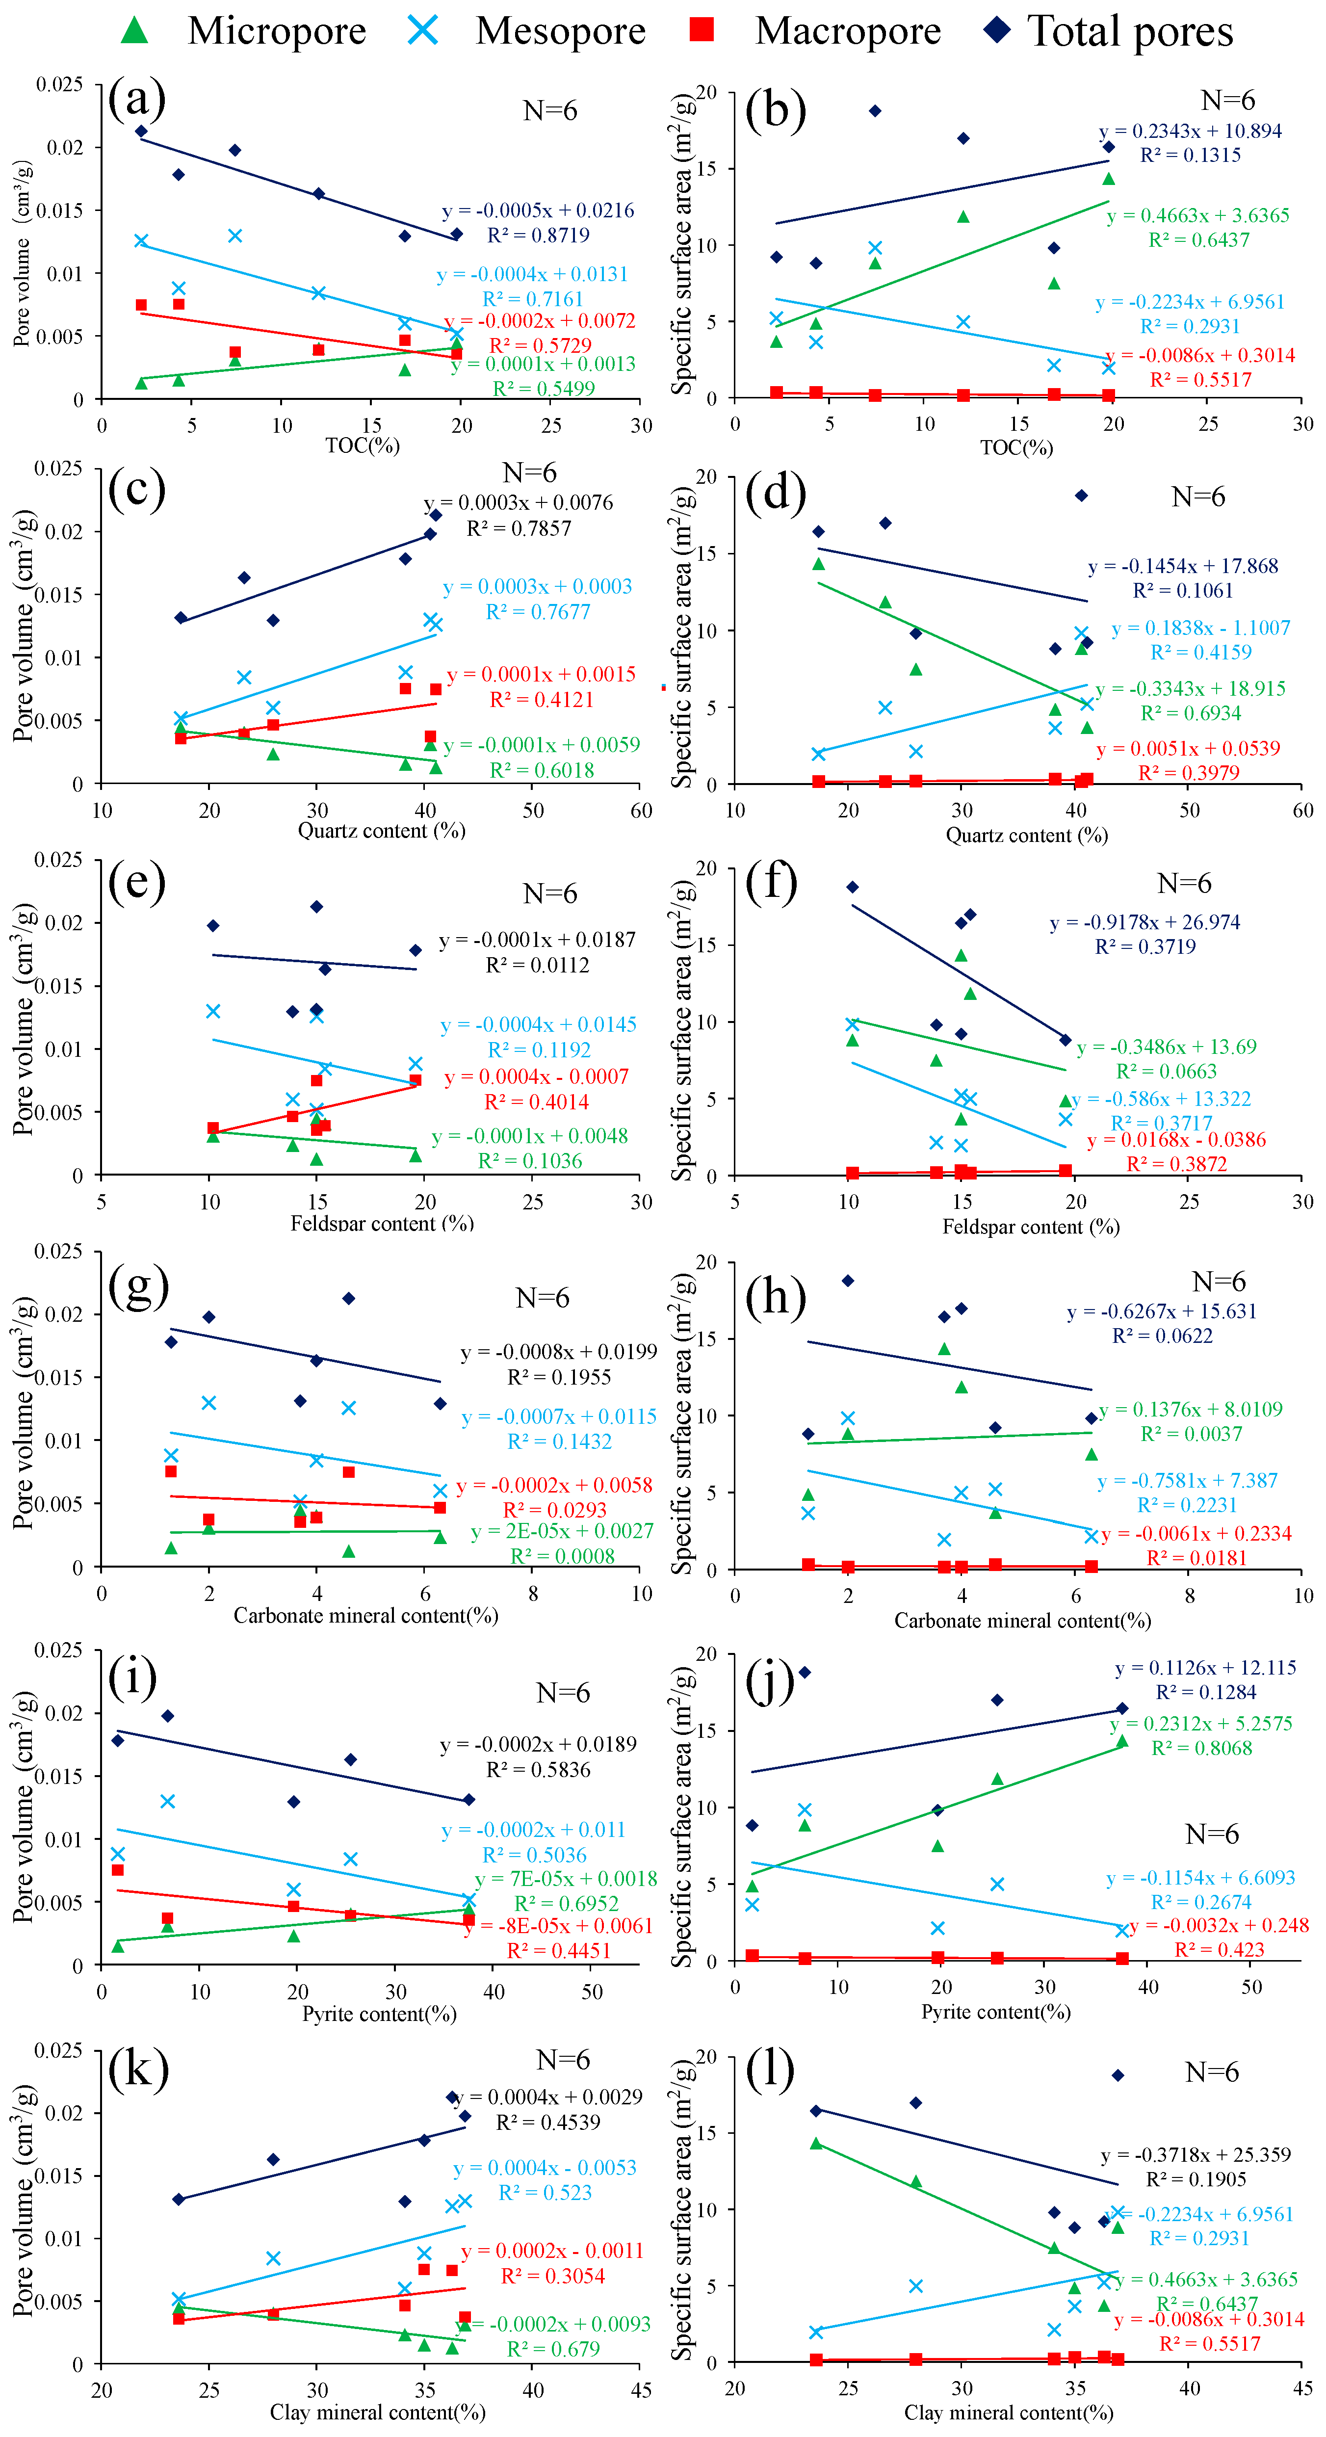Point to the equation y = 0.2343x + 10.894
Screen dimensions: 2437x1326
pyautogui.click(x=1190, y=131)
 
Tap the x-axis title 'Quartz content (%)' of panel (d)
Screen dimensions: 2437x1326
pyautogui.click(x=1026, y=835)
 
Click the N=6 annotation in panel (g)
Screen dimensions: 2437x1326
pyautogui.click(x=542, y=1298)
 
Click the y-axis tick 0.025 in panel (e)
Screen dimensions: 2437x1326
pyautogui.click(x=59, y=859)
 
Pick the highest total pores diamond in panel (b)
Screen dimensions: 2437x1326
pyautogui.click(x=875, y=111)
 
